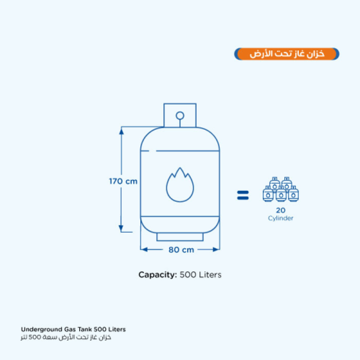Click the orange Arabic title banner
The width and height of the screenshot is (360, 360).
coord(287,54)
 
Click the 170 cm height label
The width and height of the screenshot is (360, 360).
coord(123,181)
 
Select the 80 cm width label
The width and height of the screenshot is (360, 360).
coord(181,249)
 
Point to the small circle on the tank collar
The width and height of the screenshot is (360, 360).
coord(180,115)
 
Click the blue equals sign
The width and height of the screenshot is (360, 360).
coord(243,195)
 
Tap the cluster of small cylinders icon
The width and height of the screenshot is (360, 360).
coord(281,190)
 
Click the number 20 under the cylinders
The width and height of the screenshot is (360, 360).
coord(281,211)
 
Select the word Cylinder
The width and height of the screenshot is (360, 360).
coord(281,218)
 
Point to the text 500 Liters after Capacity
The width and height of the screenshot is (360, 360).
coord(201,275)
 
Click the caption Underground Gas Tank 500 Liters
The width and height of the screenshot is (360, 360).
coord(73,329)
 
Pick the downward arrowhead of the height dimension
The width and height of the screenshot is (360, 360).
coord(121,228)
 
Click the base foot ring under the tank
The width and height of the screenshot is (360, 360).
coord(180,237)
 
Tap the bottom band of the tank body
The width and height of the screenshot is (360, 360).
coord(180,223)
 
